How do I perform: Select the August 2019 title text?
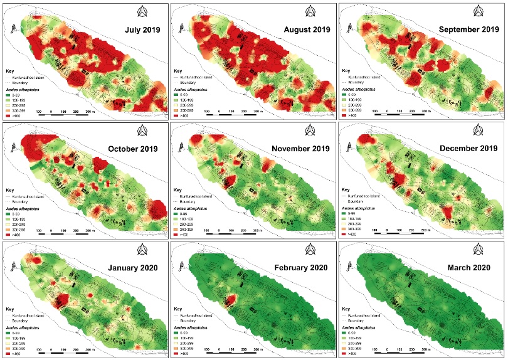coord(305,29)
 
